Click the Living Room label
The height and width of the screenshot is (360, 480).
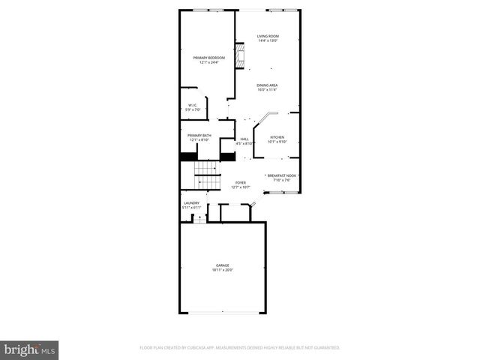(268, 36)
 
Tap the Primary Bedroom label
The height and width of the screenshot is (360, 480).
(208, 58)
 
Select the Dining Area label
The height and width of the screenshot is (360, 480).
(268, 85)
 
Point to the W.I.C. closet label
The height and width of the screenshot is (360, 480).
(193, 106)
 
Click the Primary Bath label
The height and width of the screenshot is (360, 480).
(199, 136)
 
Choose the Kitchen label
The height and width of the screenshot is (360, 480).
(277, 137)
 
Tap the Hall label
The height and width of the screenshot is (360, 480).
(244, 139)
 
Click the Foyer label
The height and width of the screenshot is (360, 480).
(241, 182)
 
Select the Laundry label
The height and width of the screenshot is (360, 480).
(191, 202)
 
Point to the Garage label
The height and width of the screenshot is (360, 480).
(223, 265)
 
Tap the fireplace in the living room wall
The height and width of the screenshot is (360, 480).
(241, 57)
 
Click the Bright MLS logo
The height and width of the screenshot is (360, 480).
(29, 349)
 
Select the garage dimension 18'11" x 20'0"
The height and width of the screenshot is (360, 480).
(223, 270)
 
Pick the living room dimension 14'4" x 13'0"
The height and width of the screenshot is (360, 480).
(268, 40)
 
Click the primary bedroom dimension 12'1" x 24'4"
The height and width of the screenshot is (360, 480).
(208, 62)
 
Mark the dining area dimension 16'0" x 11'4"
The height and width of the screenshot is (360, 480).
(268, 90)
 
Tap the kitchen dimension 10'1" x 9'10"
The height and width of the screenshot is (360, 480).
(277, 142)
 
